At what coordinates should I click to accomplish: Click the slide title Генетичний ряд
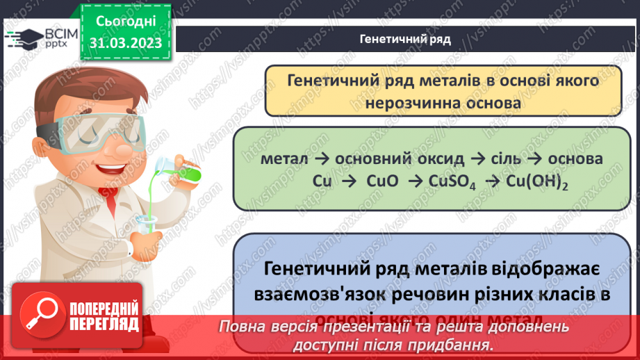point(406,39)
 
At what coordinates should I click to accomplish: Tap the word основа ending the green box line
point(575,158)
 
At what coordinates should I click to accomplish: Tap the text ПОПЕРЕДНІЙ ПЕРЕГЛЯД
point(105,318)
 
